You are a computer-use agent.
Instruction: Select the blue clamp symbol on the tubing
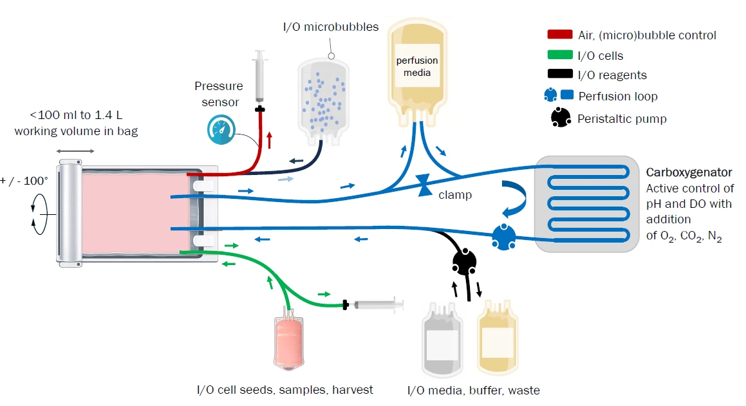click(x=425, y=185)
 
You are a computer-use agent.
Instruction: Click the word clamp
click(x=455, y=194)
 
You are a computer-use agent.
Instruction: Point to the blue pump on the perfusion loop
click(x=504, y=237)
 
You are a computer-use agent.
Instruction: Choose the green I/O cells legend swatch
click(x=559, y=56)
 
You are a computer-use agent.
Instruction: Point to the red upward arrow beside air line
click(x=270, y=140)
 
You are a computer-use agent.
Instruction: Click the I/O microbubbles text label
click(x=331, y=27)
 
